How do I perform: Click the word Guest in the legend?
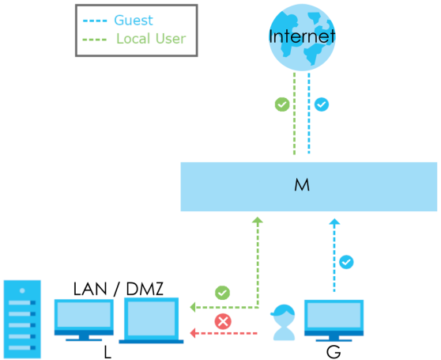pyautogui.click(x=134, y=21)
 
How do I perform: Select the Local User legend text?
pyautogui.click(x=151, y=39)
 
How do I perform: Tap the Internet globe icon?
pyautogui.click(x=302, y=37)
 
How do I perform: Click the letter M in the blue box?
pyautogui.click(x=302, y=185)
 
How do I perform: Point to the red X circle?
pyautogui.click(x=223, y=321)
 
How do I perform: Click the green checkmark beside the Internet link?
pyautogui.click(x=282, y=104)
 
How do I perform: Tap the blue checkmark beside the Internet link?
pyautogui.click(x=322, y=104)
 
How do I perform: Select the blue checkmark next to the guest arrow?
pyautogui.click(x=346, y=262)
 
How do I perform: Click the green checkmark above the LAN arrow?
pyautogui.click(x=222, y=293)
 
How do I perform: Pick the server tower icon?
pyautogui.click(x=22, y=319)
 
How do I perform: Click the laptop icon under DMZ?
pyautogui.click(x=151, y=320)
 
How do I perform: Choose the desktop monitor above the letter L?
pyautogui.click(x=84, y=320)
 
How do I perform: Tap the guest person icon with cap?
pyautogui.click(x=284, y=322)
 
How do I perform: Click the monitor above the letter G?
pyautogui.click(x=334, y=320)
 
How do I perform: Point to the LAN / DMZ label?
pyautogui.click(x=118, y=289)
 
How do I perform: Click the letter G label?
pyautogui.click(x=334, y=352)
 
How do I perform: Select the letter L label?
pyautogui.click(x=107, y=352)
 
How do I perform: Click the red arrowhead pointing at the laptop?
pyautogui.click(x=193, y=333)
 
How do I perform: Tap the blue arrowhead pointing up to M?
pyautogui.click(x=334, y=222)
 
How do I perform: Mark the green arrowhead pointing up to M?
pyautogui.click(x=258, y=220)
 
